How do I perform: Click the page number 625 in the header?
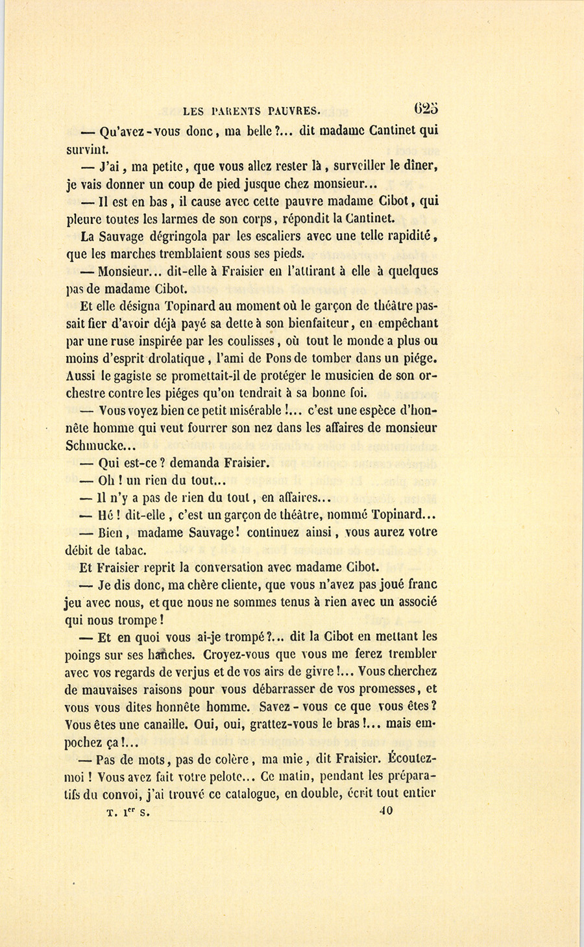pyautogui.click(x=426, y=108)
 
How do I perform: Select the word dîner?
pyautogui.click(x=422, y=166)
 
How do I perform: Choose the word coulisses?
pyautogui.click(x=246, y=341)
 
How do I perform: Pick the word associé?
pyautogui.click(x=413, y=602)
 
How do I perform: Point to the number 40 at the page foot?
pyautogui.click(x=385, y=811)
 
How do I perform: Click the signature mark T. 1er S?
pyautogui.click(x=128, y=812)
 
